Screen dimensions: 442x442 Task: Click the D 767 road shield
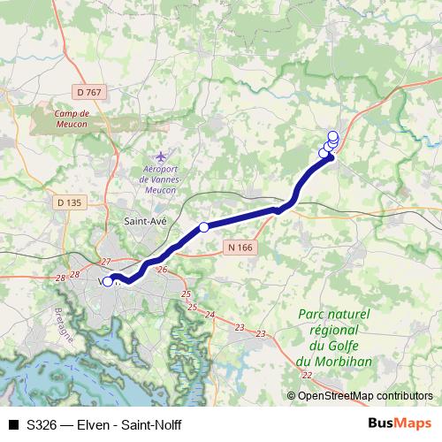tap(89, 92)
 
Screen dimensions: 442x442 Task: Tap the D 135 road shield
tap(68, 202)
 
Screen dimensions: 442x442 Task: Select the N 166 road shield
tap(239, 248)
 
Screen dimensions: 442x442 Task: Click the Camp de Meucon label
tap(72, 118)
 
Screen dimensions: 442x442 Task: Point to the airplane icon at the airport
tap(159, 156)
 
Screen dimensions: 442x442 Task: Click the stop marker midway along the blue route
tap(204, 227)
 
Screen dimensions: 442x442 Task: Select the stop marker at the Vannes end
tap(108, 282)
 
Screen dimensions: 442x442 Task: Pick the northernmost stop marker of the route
tap(332, 135)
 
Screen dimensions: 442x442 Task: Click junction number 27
tap(106, 262)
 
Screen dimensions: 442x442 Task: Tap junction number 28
tap(61, 278)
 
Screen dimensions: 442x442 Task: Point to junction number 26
tap(161, 270)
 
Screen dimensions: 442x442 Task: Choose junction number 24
tap(210, 315)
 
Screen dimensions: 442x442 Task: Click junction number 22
tap(306, 376)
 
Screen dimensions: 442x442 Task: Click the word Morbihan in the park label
tap(333, 362)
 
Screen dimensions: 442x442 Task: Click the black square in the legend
tap(14, 425)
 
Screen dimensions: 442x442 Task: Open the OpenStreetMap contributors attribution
tap(365, 396)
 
